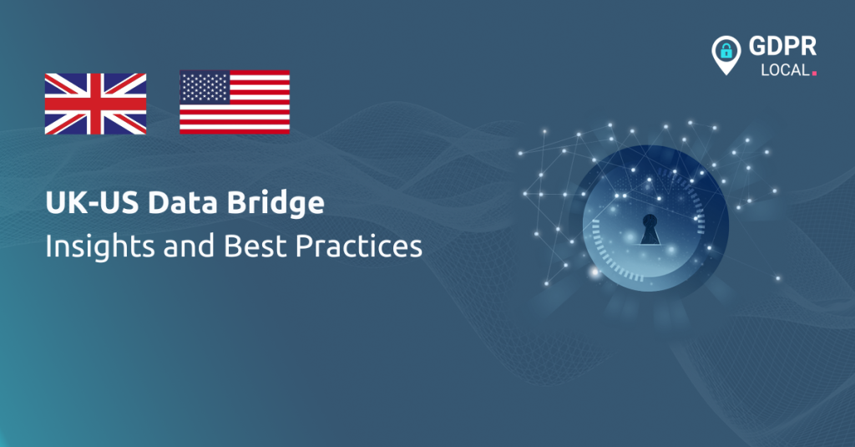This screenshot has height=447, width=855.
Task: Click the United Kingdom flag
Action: click(x=95, y=104)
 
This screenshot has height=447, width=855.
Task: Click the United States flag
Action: click(x=235, y=102)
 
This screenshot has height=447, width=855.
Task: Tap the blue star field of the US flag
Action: click(x=204, y=86)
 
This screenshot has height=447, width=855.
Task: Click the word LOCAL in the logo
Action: click(x=784, y=71)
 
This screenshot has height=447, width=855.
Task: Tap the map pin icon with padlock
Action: click(x=726, y=55)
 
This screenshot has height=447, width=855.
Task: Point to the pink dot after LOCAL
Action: click(x=814, y=74)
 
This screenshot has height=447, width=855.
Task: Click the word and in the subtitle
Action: click(x=166, y=247)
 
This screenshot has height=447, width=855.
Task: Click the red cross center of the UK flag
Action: click(x=95, y=104)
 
